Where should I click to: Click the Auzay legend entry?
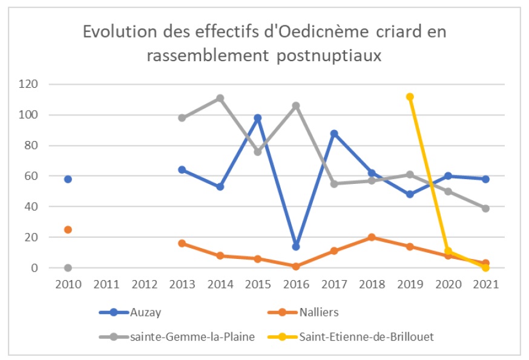click(x=145, y=312)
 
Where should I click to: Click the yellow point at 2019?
click(x=410, y=97)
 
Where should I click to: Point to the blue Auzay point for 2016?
click(x=296, y=246)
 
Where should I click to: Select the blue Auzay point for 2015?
click(x=258, y=118)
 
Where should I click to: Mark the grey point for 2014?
click(x=220, y=98)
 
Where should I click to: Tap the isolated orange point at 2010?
click(x=68, y=229)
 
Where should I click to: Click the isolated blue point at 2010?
click(x=68, y=179)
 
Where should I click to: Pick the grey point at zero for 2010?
click(x=68, y=267)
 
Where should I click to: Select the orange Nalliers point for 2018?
click(x=372, y=237)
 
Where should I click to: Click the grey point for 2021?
click(x=485, y=208)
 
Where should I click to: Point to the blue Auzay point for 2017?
click(x=333, y=134)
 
